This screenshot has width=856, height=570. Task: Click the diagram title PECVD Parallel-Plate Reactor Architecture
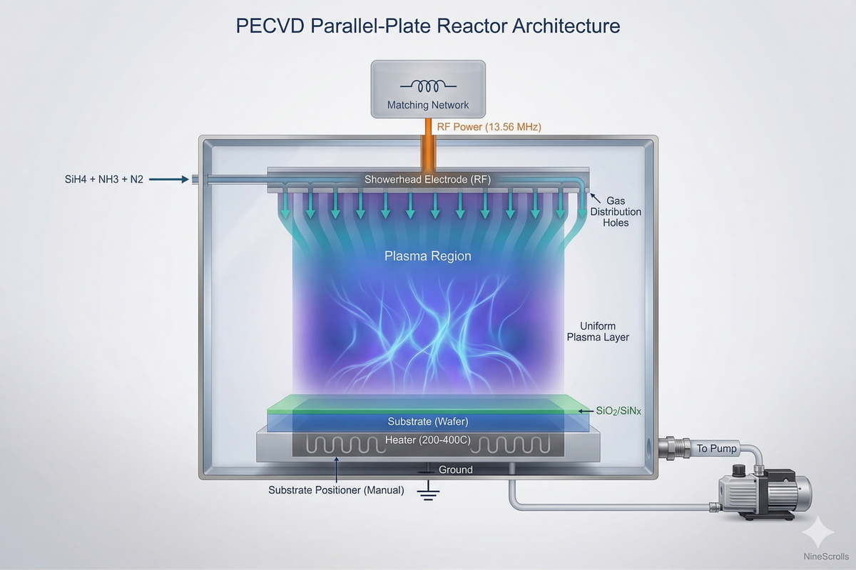pyautogui.click(x=428, y=26)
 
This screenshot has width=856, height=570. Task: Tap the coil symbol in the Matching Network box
pyautogui.click(x=428, y=86)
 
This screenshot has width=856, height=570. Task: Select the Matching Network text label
pyautogui.click(x=428, y=105)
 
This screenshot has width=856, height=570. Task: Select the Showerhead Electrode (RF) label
pyautogui.click(x=428, y=179)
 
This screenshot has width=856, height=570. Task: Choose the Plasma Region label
pyautogui.click(x=428, y=256)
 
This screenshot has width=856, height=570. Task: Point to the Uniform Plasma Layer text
pyautogui.click(x=598, y=331)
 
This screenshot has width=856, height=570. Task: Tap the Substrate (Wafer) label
pyautogui.click(x=428, y=422)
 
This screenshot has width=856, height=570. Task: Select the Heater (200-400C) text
pyautogui.click(x=428, y=440)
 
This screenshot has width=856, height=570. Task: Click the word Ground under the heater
pyautogui.click(x=455, y=469)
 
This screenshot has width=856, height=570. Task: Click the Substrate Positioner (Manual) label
pyautogui.click(x=336, y=490)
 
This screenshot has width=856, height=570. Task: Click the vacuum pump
pyautogui.click(x=763, y=492)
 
